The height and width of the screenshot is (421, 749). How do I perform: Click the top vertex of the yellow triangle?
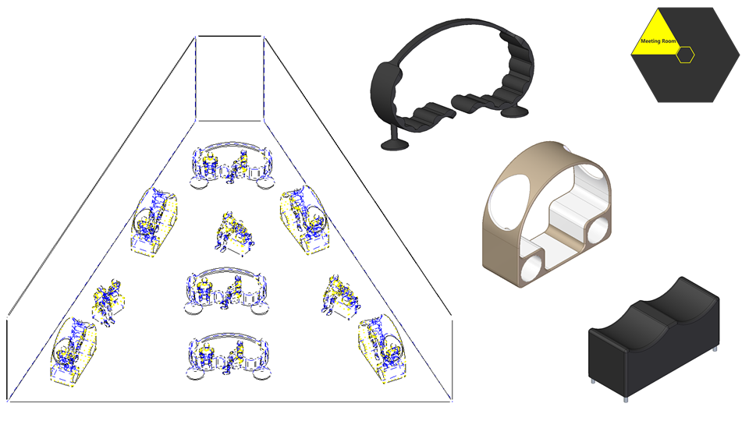658,8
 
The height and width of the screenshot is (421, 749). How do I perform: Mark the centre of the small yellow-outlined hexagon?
685,55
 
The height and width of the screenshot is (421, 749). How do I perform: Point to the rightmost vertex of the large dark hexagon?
740,55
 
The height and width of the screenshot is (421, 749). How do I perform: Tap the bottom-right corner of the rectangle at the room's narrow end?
262,121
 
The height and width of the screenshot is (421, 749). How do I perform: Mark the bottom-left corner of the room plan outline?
8,401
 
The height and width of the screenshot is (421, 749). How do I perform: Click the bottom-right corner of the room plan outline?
452,401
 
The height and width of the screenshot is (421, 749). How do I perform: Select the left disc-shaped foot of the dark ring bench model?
395,143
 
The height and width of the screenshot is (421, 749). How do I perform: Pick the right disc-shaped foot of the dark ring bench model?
514,111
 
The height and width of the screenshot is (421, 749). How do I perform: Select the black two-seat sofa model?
654,338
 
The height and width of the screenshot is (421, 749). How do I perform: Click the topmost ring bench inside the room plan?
233,165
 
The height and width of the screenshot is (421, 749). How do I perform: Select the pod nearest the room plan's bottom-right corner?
383,348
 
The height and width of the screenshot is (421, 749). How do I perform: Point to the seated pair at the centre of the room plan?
233,232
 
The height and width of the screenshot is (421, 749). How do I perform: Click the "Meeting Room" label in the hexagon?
658,41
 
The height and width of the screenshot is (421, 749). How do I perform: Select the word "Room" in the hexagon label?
669,41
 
